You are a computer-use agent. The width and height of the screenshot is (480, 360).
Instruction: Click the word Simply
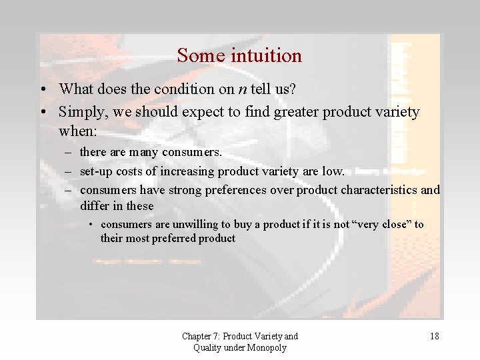click(81, 111)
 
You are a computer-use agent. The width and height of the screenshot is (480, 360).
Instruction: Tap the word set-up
click(97, 171)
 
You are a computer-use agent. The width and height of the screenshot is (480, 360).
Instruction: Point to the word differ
click(95, 206)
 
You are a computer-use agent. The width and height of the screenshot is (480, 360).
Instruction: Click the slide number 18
click(434, 337)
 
